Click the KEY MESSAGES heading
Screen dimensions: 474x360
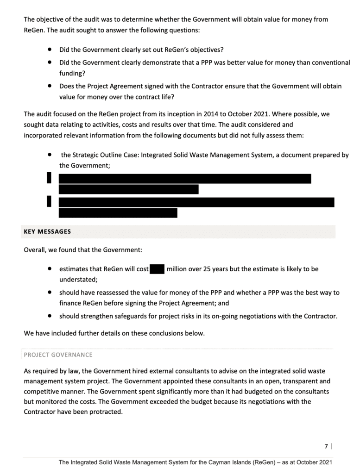(x=47, y=231)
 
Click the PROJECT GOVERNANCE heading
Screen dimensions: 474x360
(x=58, y=355)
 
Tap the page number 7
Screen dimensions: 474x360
(x=326, y=446)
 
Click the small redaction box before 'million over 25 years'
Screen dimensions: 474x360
(x=157, y=269)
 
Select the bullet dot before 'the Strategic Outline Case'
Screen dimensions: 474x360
(x=50, y=155)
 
